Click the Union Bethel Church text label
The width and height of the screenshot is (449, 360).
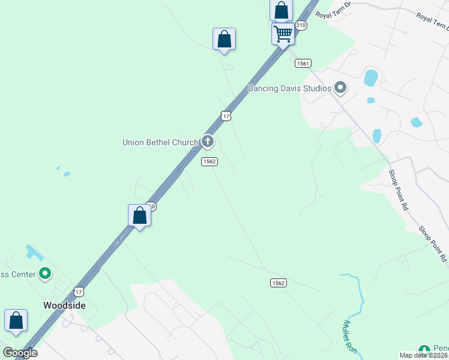pos(160,142)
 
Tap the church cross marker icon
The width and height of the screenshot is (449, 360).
pos(208,142)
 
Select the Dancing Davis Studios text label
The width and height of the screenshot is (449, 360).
pos(289,89)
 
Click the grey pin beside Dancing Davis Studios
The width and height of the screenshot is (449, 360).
pos(340,88)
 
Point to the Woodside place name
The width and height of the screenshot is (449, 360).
pos(64,305)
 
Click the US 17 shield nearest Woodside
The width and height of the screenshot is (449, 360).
pos(79,292)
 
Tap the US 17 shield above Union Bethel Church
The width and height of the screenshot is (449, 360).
pos(225,116)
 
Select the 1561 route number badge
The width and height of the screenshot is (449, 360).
pos(303,63)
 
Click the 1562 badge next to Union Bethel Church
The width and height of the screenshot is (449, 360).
pos(209,161)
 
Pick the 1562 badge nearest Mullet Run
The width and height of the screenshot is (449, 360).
pos(278,283)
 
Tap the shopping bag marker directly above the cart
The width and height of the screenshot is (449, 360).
pos(281,10)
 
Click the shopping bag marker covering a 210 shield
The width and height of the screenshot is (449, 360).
pos(139,215)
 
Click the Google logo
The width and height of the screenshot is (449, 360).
pos(20,353)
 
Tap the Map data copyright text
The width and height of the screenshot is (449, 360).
pos(424,355)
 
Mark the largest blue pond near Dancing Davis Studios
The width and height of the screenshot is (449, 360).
pos(371,78)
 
